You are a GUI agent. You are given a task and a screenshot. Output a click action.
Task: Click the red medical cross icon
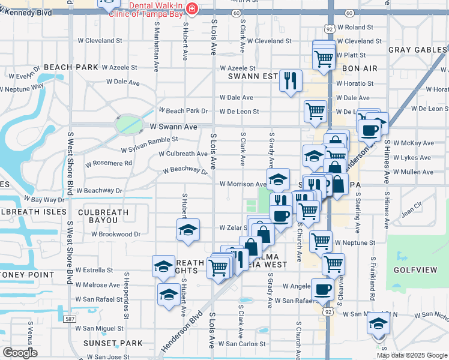[191, 8]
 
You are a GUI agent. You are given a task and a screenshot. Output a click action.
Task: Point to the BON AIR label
[360, 69]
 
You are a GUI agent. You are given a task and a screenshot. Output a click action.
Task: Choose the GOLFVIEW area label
[415, 271]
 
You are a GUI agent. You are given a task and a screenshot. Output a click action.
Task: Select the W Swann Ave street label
[173, 127]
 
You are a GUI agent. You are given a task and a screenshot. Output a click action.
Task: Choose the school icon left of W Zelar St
[188, 230]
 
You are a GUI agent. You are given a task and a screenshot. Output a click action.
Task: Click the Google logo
[20, 353]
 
